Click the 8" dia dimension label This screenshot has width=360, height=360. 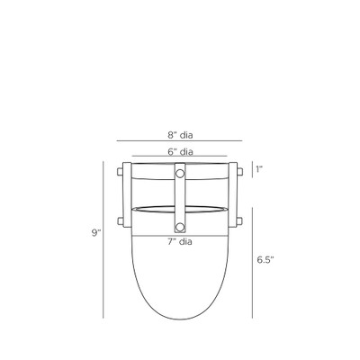coord(180,134)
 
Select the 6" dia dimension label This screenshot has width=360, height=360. coord(180,151)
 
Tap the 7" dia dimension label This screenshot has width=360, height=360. coord(180,241)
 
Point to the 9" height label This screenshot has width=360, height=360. coord(95,233)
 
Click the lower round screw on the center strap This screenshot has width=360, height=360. coord(180,228)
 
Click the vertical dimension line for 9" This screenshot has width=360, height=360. coord(104,238)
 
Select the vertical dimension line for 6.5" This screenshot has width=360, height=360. coord(251,261)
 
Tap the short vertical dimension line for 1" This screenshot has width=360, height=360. coord(251,169)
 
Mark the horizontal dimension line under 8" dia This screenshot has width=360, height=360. coord(180,140)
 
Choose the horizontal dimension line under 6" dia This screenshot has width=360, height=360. coord(180,157)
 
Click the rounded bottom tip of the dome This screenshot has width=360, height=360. coord(180,316)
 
